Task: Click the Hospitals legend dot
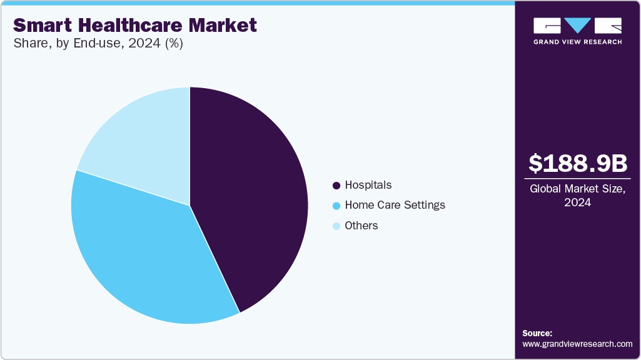pyautogui.click(x=336, y=186)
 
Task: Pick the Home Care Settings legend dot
pyautogui.click(x=336, y=206)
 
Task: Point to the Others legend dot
pyautogui.click(x=336, y=226)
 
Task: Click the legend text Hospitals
pyautogui.click(x=368, y=185)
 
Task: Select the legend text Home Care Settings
pyautogui.click(x=395, y=205)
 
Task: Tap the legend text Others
pyautogui.click(x=361, y=226)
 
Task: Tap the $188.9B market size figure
pyautogui.click(x=577, y=163)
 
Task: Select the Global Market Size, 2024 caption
pyautogui.click(x=577, y=196)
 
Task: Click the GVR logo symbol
pyautogui.click(x=577, y=26)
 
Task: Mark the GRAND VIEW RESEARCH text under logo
pyautogui.click(x=577, y=42)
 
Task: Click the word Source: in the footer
pyautogui.click(x=537, y=333)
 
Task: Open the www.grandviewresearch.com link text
pyautogui.click(x=577, y=344)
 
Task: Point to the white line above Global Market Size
pyautogui.click(x=577, y=179)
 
